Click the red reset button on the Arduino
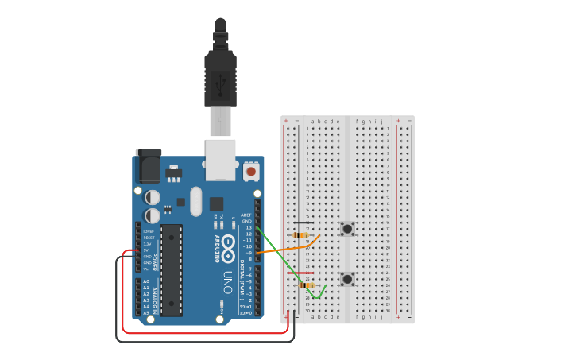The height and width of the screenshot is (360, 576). [251, 171]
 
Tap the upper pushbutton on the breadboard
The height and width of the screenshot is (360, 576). [347, 229]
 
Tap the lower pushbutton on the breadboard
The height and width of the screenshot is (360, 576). [347, 279]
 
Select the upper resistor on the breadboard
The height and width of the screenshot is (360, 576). [301, 235]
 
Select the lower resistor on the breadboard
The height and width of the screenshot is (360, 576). [307, 285]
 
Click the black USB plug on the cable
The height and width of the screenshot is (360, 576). [220, 75]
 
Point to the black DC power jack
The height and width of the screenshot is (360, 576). [148, 166]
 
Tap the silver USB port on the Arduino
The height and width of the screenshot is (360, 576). [220, 159]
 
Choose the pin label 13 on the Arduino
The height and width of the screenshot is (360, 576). [249, 227]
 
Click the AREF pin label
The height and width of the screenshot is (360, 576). [247, 215]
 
